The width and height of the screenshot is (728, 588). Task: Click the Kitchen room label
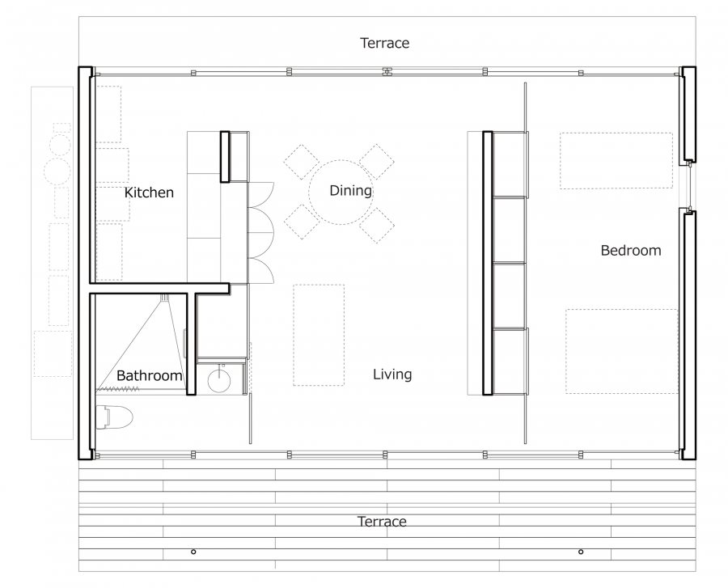149,192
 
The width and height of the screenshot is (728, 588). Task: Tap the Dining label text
350,190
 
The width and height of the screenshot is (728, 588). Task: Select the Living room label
392,374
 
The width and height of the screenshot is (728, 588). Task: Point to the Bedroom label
630,250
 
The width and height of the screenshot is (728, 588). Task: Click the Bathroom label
149,375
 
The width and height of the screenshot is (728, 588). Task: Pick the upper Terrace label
385,43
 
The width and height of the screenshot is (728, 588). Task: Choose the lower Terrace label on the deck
382,522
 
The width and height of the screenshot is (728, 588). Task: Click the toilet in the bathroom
114,417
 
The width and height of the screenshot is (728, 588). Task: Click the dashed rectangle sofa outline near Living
319,335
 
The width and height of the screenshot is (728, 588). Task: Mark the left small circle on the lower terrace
193,552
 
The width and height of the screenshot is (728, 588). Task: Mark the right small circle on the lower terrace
581,552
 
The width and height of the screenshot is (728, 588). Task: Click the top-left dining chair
302,162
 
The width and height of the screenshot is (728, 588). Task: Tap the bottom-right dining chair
376,225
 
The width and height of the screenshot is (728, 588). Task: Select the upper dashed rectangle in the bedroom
616,161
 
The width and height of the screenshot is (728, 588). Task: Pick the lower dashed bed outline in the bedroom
622,351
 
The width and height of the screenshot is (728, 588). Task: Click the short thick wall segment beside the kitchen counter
225,156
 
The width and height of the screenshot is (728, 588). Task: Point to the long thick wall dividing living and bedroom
488,263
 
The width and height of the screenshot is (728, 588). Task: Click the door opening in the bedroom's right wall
690,185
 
